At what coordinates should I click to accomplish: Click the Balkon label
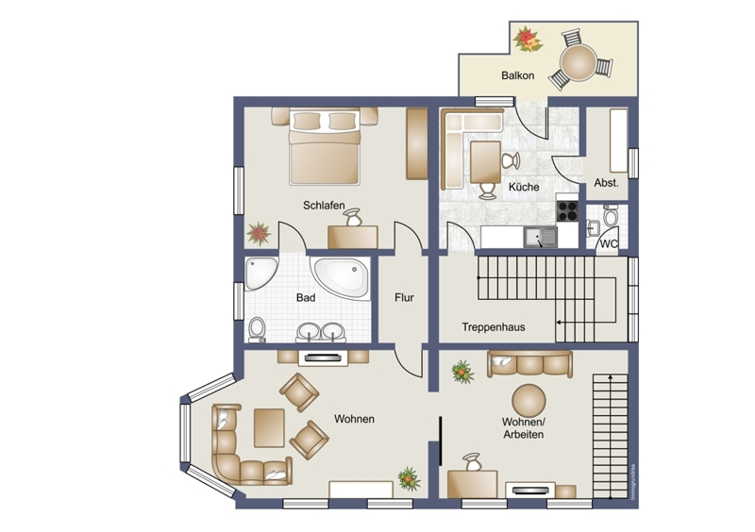coord(517,75)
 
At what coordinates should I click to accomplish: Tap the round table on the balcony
coord(578,62)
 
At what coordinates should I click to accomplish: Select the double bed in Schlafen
coord(325,146)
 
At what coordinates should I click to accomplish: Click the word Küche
coord(524,187)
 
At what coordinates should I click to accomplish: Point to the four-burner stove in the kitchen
coord(567,211)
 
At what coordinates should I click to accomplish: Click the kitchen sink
coord(541,237)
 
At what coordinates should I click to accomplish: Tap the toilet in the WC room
coord(611,215)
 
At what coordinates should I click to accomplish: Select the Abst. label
coord(606,183)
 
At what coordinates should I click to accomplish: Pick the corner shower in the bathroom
coord(260,273)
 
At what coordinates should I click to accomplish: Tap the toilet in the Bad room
coord(257,329)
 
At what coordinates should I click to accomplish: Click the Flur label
coord(404,297)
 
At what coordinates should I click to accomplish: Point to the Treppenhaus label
coord(494,327)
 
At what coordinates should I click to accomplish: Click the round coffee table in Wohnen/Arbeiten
coord(528,401)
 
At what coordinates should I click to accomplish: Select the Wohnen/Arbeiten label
coord(524,428)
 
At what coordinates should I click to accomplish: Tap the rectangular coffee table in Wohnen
coord(269,427)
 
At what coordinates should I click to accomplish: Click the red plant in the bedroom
coord(259,234)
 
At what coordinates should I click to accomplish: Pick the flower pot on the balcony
coord(528,40)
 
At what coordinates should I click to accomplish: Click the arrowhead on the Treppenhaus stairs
coord(559,322)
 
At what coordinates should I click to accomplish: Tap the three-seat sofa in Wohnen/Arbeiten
coord(529,364)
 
